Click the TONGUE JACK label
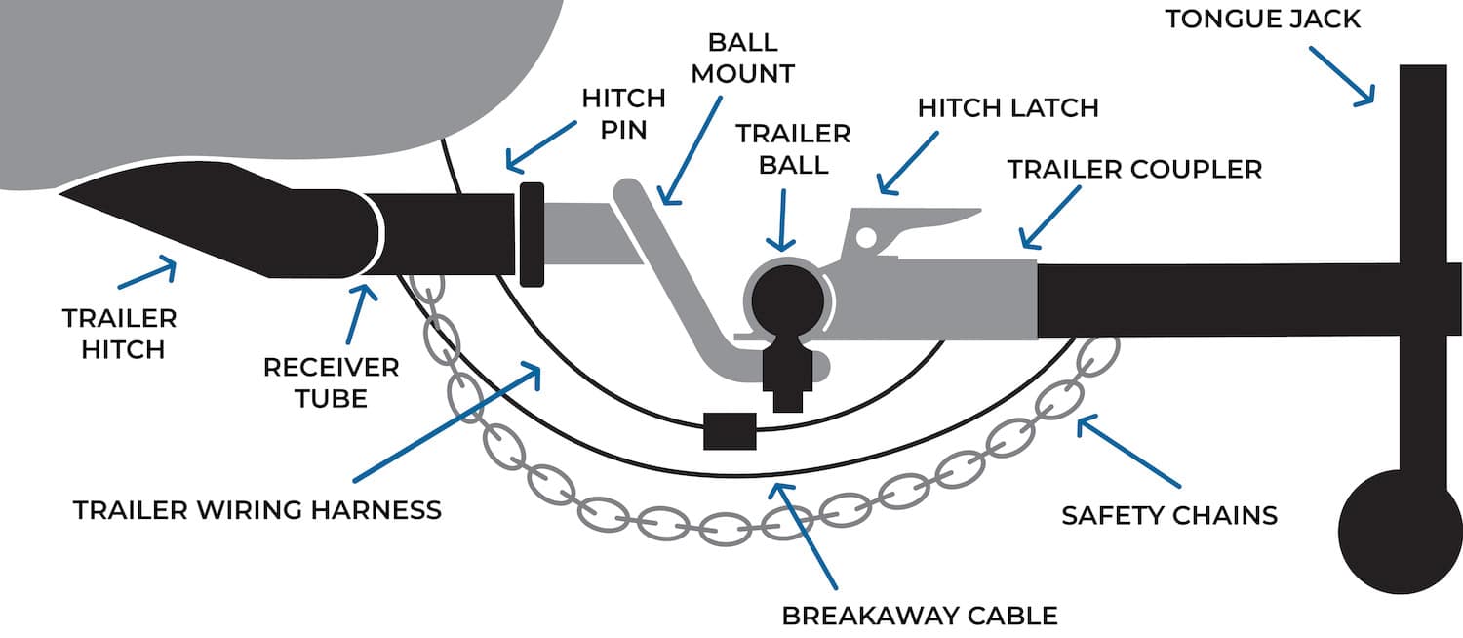click(x=1263, y=19)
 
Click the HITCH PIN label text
click(x=623, y=113)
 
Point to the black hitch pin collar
click(x=532, y=234)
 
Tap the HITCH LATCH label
click(x=1008, y=107)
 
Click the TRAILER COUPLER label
click(x=1134, y=169)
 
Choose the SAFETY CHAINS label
click(x=1169, y=513)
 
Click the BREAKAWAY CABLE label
click(x=920, y=616)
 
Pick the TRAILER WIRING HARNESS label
click(x=257, y=509)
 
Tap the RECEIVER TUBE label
click(x=331, y=382)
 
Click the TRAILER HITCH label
click(x=119, y=334)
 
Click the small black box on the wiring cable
click(x=729, y=430)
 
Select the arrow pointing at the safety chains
click(x=1128, y=453)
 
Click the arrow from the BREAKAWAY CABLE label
click(x=804, y=532)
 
